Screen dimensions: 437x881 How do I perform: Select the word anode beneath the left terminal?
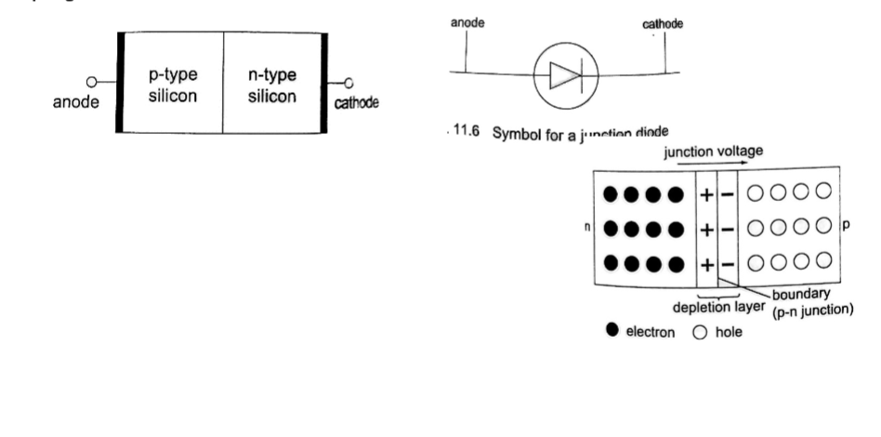[76, 101]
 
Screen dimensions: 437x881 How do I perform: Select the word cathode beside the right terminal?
[358, 102]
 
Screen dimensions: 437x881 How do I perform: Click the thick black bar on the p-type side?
[119, 83]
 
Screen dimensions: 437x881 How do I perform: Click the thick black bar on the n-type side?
[324, 83]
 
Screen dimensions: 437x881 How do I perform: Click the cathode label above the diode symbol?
[663, 24]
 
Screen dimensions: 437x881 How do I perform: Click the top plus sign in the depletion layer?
[706, 195]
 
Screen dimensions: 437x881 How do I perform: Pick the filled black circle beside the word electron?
[611, 331]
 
